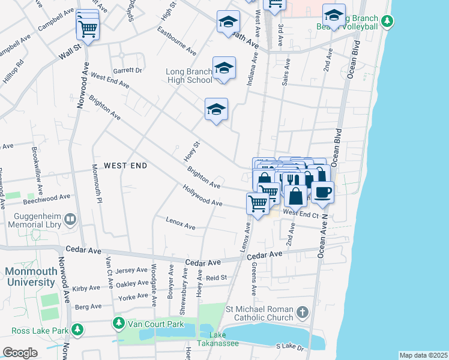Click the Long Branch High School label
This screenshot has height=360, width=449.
pos(188,76)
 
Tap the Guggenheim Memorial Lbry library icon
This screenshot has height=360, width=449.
pos(71,220)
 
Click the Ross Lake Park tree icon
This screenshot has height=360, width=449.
pos(77,329)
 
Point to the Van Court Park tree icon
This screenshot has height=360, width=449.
pos(118,324)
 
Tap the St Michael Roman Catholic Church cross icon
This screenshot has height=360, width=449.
pos(302,313)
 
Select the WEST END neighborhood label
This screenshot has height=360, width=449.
pos(125,165)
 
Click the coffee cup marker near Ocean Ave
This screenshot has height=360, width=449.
pos(322,192)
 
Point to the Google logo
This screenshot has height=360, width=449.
pos(20,353)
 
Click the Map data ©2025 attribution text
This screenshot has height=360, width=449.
pos(423,355)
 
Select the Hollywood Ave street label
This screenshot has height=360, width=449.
pos(203,195)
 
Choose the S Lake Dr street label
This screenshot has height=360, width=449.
pos(291,347)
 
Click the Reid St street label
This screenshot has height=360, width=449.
pos(216,278)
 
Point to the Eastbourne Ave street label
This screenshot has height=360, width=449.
pos(176,40)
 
